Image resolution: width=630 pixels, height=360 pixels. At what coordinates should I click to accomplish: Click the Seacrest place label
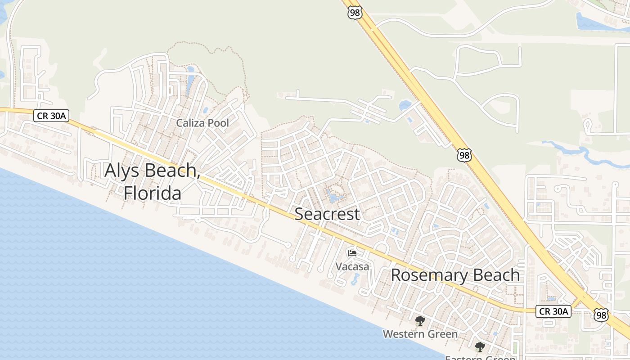pyautogui.click(x=327, y=214)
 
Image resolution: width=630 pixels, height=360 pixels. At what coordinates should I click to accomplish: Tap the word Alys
pyautogui.click(x=120, y=171)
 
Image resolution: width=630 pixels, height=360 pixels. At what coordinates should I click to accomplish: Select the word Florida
pyautogui.click(x=153, y=193)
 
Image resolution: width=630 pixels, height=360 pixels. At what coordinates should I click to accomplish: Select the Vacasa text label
pyautogui.click(x=352, y=266)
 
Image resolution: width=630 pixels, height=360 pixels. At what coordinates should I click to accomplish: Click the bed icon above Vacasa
pyautogui.click(x=352, y=253)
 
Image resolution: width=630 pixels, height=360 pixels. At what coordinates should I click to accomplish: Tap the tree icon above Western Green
pyautogui.click(x=420, y=321)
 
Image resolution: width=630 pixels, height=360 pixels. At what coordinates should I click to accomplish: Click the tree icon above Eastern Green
pyautogui.click(x=480, y=347)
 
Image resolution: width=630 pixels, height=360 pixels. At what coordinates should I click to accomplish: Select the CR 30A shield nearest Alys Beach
pyautogui.click(x=51, y=116)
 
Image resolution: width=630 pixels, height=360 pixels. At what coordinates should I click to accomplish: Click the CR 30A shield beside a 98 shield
pyautogui.click(x=553, y=311)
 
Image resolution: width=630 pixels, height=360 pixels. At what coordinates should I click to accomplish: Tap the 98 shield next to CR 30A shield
pyautogui.click(x=601, y=315)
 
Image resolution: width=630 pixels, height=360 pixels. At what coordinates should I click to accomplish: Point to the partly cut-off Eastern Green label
pyautogui.click(x=480, y=358)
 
